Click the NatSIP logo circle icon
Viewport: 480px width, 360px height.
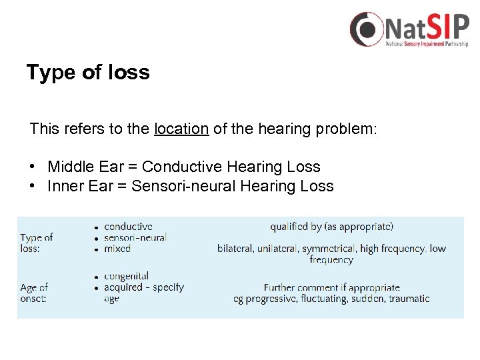(x=367, y=29)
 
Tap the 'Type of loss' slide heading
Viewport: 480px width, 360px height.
(x=88, y=72)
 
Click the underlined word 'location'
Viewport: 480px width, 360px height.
(x=181, y=129)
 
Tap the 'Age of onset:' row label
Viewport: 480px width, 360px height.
(x=34, y=293)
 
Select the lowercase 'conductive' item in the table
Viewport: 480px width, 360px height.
(x=128, y=227)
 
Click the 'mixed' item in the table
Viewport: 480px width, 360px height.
(x=117, y=248)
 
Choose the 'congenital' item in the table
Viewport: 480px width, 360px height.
(x=126, y=276)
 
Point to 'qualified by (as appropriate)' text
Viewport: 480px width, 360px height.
(x=331, y=227)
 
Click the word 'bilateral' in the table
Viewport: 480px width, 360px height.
(x=235, y=249)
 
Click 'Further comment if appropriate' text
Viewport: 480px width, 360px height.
(x=331, y=287)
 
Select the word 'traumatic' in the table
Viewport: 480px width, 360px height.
(x=409, y=299)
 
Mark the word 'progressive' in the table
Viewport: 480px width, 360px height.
(x=275, y=299)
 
